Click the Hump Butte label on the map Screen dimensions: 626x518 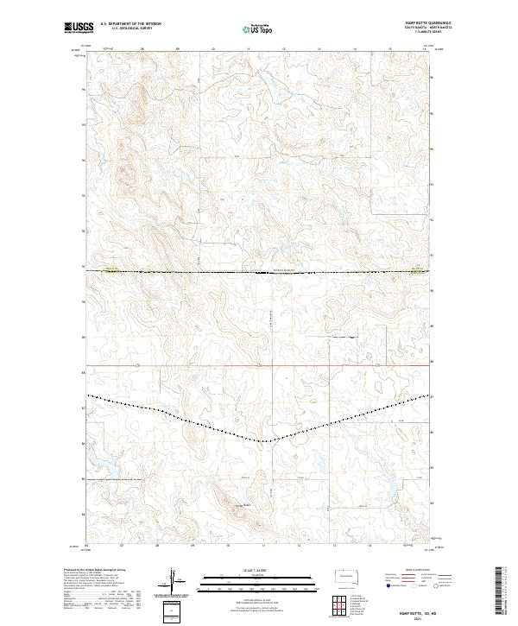pyautogui.click(x=246, y=505)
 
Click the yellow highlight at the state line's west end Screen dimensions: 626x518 pyautogui.click(x=110, y=270)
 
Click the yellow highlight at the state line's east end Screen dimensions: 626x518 pyautogui.click(x=418, y=270)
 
